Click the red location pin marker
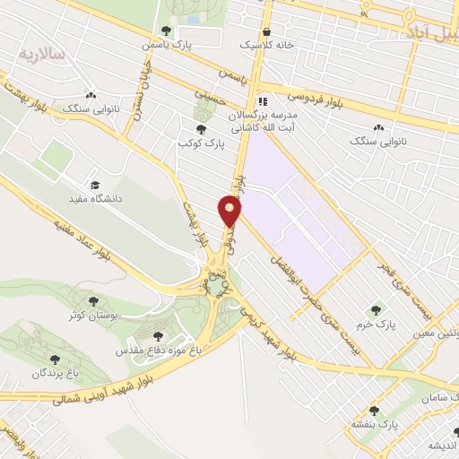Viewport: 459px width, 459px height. (230, 212)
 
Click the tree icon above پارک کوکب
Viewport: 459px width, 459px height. (201, 129)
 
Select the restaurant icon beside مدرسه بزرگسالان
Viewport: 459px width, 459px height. (263, 101)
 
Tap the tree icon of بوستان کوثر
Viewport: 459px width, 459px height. (94, 301)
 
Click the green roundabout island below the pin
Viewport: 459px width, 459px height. (216, 285)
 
